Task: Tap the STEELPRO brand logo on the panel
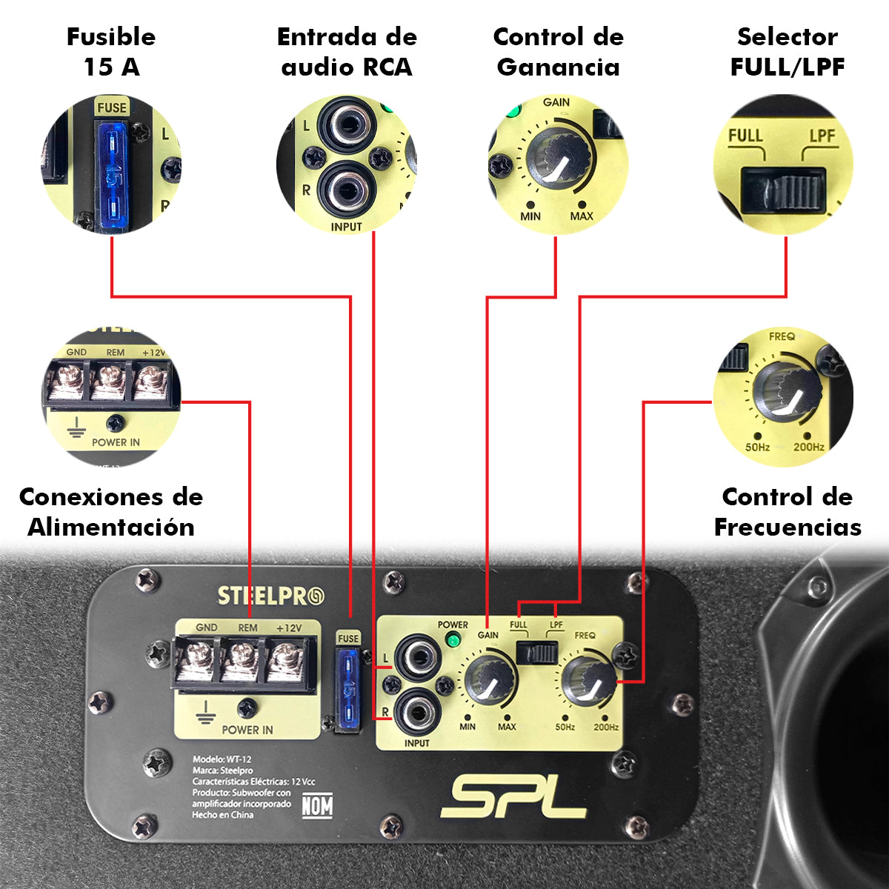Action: click(270, 596)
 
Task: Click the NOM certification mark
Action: click(317, 805)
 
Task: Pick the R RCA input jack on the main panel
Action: click(416, 713)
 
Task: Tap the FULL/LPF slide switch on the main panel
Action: click(537, 653)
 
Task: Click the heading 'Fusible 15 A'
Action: click(111, 52)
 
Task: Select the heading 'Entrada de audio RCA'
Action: click(347, 52)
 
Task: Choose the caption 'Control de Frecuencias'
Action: click(788, 512)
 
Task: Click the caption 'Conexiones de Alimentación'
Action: click(111, 512)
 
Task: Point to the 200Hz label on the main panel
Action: click(606, 727)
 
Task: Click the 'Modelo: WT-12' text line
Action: click(222, 759)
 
